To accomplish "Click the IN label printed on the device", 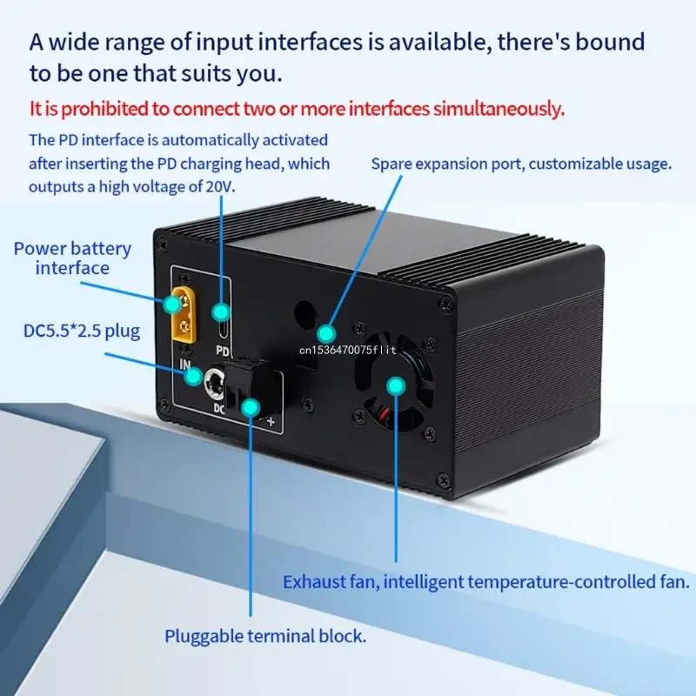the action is coord(185,365).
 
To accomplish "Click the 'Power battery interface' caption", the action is coord(72,258).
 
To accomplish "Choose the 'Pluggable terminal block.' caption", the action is coord(265,636).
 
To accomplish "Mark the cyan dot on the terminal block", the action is coord(251,405).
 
